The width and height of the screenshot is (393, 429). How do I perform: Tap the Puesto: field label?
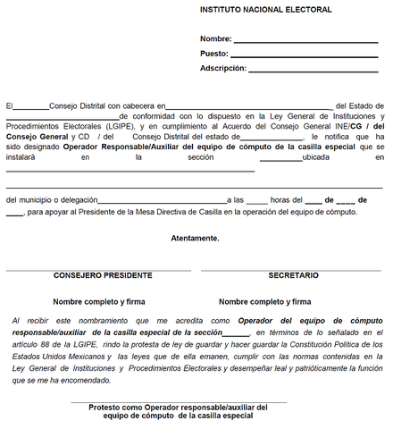click(x=214, y=54)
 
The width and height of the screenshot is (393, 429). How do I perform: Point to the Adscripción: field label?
click(x=222, y=68)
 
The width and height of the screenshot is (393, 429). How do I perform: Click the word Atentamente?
click(x=195, y=239)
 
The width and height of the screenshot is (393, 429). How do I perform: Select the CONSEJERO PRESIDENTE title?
click(x=96, y=276)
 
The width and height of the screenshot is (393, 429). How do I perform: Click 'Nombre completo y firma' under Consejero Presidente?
click(x=98, y=302)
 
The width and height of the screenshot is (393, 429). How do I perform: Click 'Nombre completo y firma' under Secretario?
click(x=264, y=302)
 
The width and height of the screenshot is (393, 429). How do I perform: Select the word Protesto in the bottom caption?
click(x=106, y=408)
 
